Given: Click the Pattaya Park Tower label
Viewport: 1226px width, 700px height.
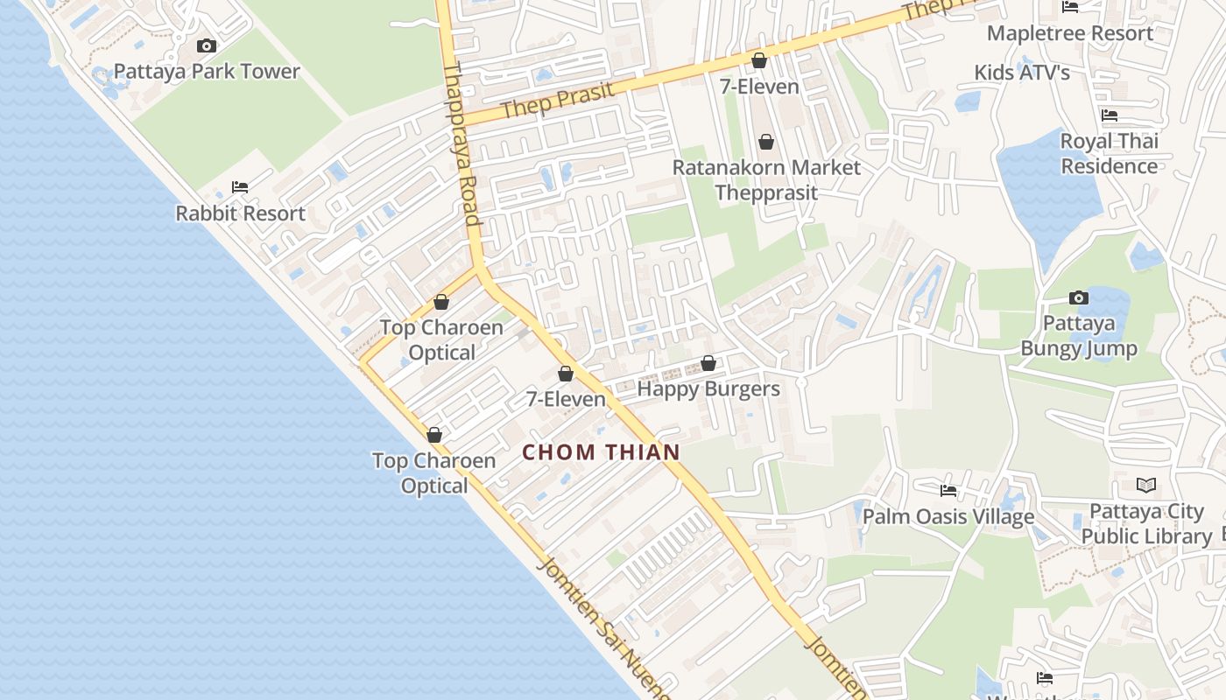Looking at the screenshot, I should point(207,72).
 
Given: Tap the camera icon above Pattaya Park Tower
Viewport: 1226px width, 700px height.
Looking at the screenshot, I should point(207,45).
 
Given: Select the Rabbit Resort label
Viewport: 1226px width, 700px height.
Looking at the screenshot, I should point(240,213).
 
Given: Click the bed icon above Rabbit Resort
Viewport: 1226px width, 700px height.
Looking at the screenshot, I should point(240,187).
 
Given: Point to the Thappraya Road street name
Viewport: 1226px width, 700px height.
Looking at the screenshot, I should point(462,144).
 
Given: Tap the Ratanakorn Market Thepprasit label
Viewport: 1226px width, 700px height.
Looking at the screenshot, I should point(766,179).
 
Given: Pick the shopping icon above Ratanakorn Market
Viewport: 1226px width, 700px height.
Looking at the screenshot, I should point(766,142).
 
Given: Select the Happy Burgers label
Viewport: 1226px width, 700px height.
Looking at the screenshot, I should point(708,388).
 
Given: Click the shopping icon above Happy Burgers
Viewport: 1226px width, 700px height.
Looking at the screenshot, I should point(708,363).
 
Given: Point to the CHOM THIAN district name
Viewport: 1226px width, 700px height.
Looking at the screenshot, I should point(601,452).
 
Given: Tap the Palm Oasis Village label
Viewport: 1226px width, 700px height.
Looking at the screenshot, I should point(948,516).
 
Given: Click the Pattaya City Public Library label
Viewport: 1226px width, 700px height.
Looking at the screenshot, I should point(1146,523).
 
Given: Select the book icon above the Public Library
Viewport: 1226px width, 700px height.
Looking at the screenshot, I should point(1145,485).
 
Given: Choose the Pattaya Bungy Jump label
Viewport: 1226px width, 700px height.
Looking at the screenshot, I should point(1079,336).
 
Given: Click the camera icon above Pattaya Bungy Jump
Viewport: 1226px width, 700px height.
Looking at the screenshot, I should point(1079,297).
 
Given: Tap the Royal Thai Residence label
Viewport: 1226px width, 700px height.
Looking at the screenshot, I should point(1110,153).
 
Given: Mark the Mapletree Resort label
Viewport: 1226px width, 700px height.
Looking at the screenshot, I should point(1069,33).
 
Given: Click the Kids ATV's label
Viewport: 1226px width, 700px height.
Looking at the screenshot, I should point(1022,72).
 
